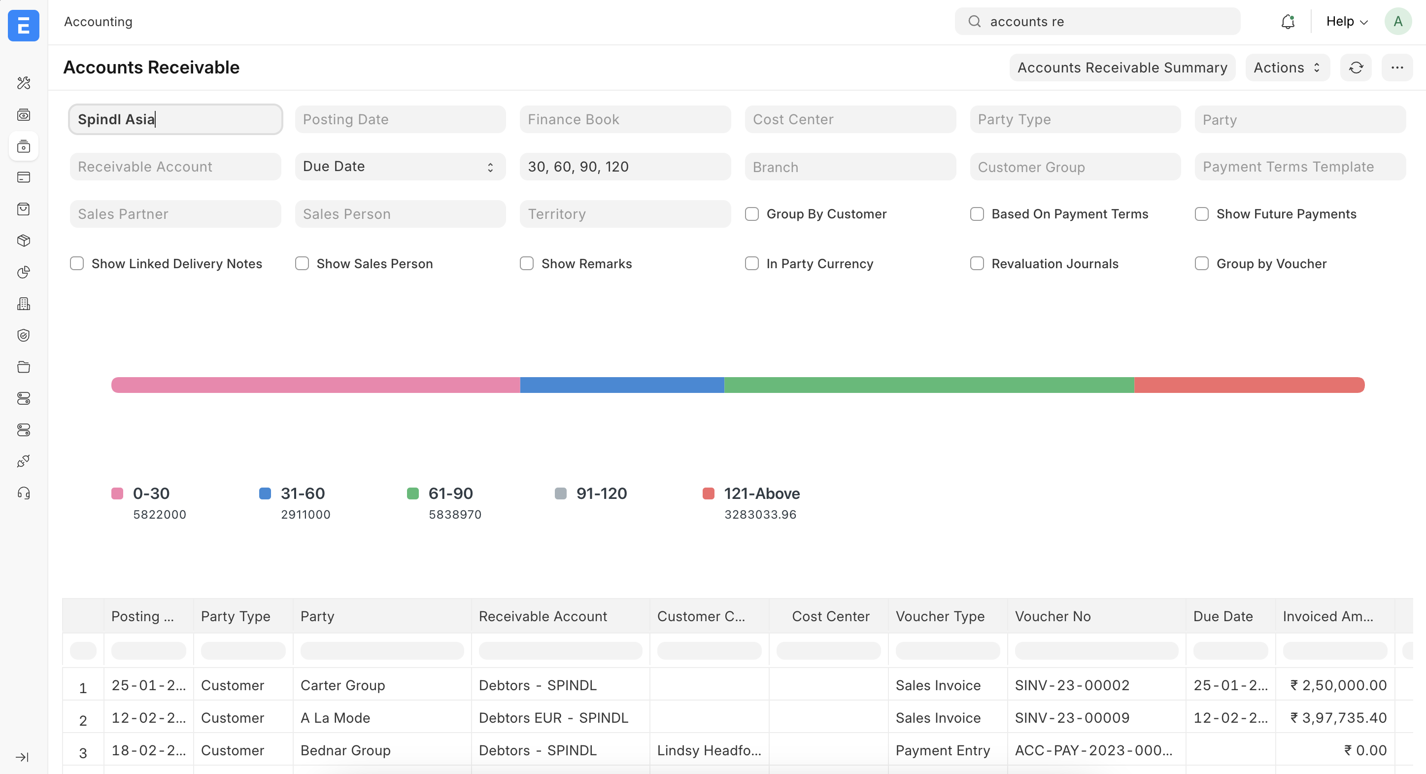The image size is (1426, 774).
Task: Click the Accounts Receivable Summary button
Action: pyautogui.click(x=1121, y=68)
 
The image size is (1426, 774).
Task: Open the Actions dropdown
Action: pyautogui.click(x=1287, y=68)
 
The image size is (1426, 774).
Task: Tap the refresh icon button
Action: pyautogui.click(x=1355, y=68)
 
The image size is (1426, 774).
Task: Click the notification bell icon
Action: pyautogui.click(x=1288, y=22)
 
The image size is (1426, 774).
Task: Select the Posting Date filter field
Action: pyautogui.click(x=400, y=119)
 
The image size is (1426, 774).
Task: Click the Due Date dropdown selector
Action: pyautogui.click(x=400, y=167)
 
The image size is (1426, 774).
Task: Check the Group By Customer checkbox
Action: pyautogui.click(x=752, y=214)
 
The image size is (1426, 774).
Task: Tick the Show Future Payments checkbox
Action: pyautogui.click(x=1201, y=214)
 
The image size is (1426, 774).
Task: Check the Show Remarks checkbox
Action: pyautogui.click(x=526, y=264)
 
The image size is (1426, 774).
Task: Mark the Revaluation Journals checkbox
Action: pyautogui.click(x=977, y=264)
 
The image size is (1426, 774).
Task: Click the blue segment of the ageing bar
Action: pyautogui.click(x=622, y=385)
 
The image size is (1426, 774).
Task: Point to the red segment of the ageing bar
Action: pyautogui.click(x=1249, y=385)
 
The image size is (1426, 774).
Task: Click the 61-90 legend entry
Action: pyautogui.click(x=450, y=493)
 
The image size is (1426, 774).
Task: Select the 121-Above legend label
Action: pyautogui.click(x=761, y=493)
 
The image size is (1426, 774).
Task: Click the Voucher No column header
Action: pyautogui.click(x=1053, y=616)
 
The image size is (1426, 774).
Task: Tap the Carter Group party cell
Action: pyautogui.click(x=342, y=685)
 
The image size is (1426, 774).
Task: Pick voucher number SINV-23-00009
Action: pyautogui.click(x=1072, y=718)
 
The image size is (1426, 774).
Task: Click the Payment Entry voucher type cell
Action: pyautogui.click(x=942, y=750)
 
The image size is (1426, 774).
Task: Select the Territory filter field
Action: pyautogui.click(x=624, y=214)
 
